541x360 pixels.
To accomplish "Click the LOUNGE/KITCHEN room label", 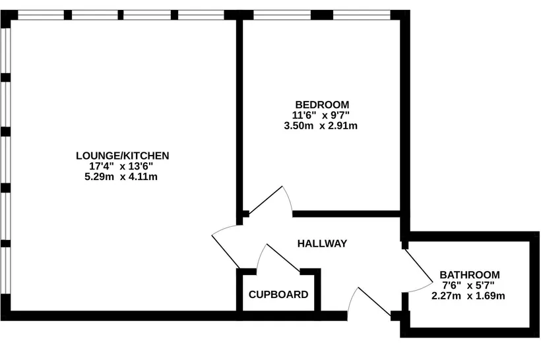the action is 123,156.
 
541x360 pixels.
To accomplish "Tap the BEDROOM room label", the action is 322,104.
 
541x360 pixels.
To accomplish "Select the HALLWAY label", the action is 322,244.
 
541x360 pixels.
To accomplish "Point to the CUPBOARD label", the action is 278,295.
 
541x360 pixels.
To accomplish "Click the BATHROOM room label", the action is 470,275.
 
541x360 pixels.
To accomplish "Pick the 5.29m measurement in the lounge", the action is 99,177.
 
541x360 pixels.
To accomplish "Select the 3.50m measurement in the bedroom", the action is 299,126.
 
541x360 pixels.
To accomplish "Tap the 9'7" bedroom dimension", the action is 340,115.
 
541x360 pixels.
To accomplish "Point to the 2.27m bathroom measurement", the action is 446,296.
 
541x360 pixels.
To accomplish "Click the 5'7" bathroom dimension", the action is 485,285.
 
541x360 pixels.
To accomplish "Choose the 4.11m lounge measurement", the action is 143,177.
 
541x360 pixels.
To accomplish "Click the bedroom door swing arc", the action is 288,198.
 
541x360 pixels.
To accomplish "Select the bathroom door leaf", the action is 418,265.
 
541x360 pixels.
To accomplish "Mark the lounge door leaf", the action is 226,252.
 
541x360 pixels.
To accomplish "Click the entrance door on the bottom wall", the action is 375,301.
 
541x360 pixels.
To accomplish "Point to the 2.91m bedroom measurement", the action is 342,126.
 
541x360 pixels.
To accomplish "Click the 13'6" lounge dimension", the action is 141,166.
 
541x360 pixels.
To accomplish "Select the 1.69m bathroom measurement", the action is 490,296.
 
